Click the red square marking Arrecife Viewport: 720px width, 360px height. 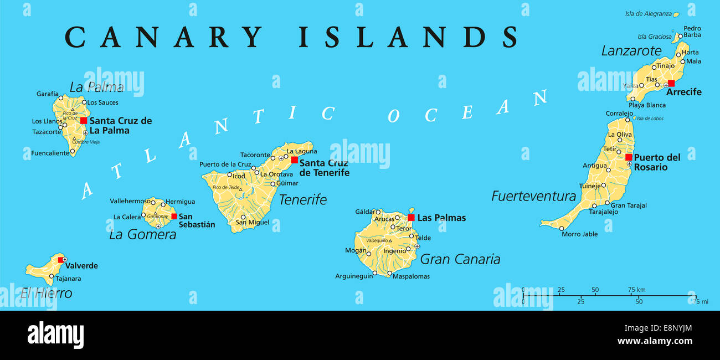tap(671, 83)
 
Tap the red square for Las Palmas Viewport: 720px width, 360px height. tap(411, 218)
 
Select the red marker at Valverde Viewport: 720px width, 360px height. tap(61, 259)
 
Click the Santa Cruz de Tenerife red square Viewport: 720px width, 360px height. tap(294, 160)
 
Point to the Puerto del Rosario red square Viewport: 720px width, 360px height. tap(629, 157)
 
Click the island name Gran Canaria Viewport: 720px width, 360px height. tap(460, 259)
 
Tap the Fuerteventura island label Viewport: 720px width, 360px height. tap(533, 196)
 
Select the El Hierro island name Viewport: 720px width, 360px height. tap(46, 293)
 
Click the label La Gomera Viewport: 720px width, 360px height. tap(142, 234)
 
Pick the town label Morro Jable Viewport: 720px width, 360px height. tap(579, 234)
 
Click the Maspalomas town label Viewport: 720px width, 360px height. tap(410, 276)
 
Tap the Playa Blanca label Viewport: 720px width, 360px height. tap(647, 105)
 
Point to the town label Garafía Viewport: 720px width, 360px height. tap(48, 94)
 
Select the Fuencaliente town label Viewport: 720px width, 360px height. tap(50, 153)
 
